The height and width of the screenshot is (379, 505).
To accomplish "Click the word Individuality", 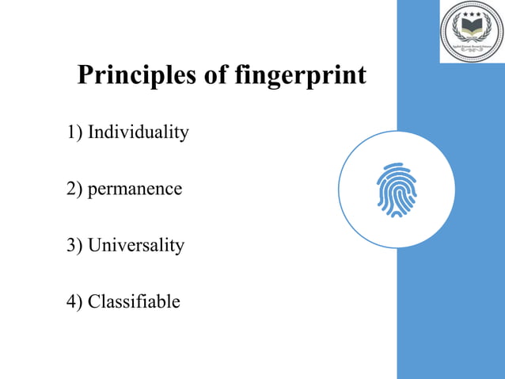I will [138, 132].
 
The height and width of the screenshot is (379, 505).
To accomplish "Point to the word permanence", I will [135, 189].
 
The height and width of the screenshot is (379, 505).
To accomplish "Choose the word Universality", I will [135, 245].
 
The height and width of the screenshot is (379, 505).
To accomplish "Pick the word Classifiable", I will [134, 301].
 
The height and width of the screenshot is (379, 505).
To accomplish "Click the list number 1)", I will [75, 132].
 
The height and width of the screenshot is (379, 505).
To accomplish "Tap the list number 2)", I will [75, 189].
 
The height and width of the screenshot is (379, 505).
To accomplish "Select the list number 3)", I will [75, 245].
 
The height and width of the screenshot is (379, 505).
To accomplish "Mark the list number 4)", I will [75, 301].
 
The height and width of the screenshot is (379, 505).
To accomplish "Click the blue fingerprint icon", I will [396, 189].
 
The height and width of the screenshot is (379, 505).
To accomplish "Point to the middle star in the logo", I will [471, 13].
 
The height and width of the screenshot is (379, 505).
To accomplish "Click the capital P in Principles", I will [85, 76].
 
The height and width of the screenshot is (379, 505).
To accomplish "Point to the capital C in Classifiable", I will [94, 301].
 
